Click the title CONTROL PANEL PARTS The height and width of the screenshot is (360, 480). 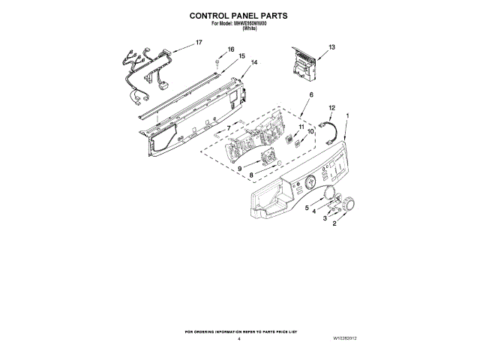point(239,15)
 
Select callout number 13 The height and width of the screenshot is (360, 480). point(331,47)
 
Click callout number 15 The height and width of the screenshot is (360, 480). point(242,56)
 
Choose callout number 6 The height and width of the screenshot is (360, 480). point(310,94)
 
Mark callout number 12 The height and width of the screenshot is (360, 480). point(331,108)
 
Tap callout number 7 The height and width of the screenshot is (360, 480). point(229,128)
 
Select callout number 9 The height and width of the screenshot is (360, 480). point(239,169)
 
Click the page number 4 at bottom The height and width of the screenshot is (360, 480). point(238,339)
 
